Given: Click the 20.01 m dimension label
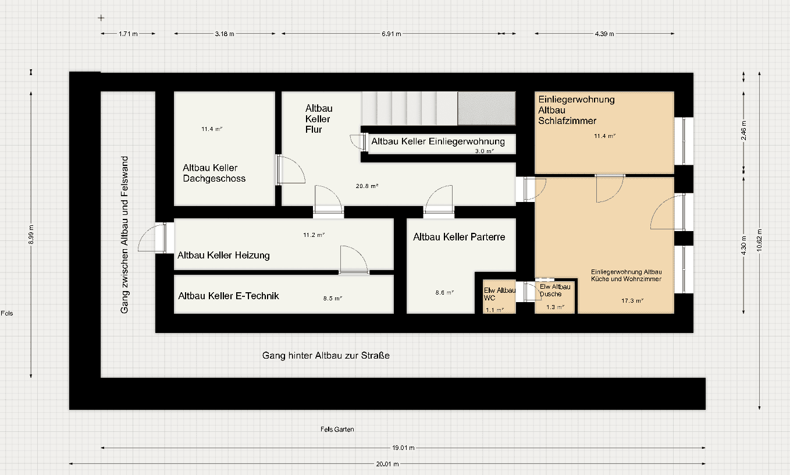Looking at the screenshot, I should [x=387, y=464].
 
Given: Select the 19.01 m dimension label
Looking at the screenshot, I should [x=403, y=448].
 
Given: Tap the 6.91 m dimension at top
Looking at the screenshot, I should [x=392, y=34].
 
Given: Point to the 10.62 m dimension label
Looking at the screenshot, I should [x=760, y=239].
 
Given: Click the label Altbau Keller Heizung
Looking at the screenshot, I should [x=223, y=255].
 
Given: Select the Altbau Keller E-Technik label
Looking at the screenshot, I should [x=229, y=296].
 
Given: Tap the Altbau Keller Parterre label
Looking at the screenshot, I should [x=459, y=237].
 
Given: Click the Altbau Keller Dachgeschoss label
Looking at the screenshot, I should [x=214, y=173].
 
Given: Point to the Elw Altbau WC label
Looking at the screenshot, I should [x=500, y=293].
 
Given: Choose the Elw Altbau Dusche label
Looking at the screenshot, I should [x=555, y=290].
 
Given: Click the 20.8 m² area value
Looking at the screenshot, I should [x=367, y=186].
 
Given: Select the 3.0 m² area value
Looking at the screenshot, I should [x=484, y=151].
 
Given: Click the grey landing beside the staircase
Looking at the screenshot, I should [x=486, y=108].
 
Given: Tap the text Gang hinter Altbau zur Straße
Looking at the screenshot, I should [x=326, y=355].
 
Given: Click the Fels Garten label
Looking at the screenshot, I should [x=337, y=429].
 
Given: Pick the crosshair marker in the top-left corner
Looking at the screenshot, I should [x=101, y=17].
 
